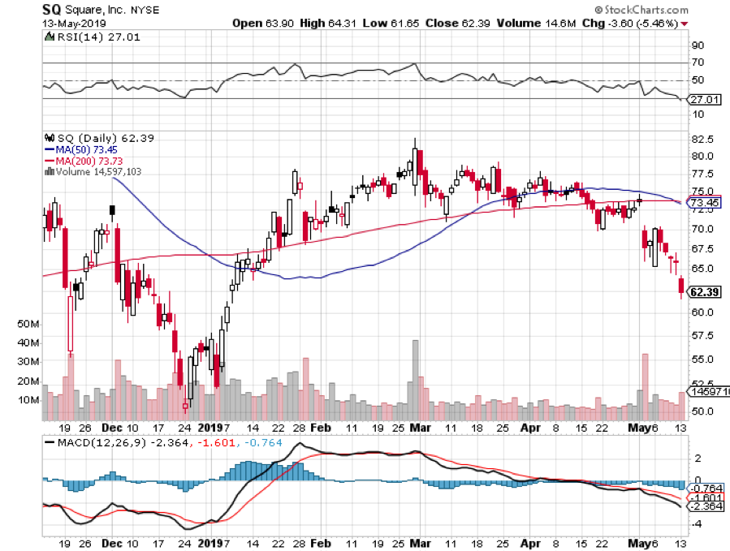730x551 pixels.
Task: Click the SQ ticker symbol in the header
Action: pyautogui.click(x=53, y=10)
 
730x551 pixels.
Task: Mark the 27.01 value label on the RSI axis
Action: pyautogui.click(x=703, y=100)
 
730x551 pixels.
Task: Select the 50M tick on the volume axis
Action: pyautogui.click(x=28, y=324)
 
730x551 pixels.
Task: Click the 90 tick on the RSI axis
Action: pyautogui.click(x=697, y=45)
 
